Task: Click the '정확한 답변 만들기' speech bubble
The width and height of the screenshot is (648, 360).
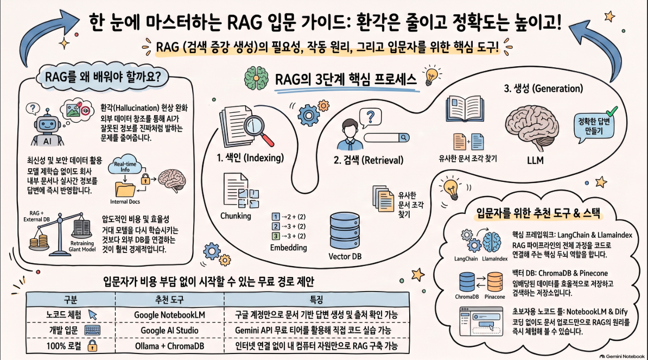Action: pyautogui.click(x=593, y=125)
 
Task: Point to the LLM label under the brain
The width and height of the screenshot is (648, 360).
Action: pyautogui.click(x=535, y=160)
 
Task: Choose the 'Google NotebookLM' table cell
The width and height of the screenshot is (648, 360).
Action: pyautogui.click(x=169, y=315)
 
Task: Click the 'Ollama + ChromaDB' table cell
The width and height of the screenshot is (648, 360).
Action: pyautogui.click(x=169, y=346)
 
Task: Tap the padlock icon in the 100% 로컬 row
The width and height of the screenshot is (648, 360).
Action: pyautogui.click(x=92, y=345)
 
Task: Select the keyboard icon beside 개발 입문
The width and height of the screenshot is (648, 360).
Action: pyautogui.click(x=92, y=330)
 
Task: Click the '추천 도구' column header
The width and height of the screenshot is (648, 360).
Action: pyautogui.click(x=169, y=299)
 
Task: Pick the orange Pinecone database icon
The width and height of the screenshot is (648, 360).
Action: pyautogui.click(x=494, y=282)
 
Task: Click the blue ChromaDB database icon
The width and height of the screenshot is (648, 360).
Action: pyautogui.click(x=467, y=282)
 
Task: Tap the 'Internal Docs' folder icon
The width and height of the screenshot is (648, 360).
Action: pyautogui.click(x=125, y=189)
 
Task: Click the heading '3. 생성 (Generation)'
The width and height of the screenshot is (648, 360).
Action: pyautogui.click(x=543, y=89)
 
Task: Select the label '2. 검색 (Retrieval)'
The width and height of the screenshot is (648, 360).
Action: pyautogui.click(x=368, y=160)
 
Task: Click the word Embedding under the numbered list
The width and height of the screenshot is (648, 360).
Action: pyautogui.click(x=289, y=248)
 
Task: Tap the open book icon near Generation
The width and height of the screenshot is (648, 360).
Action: pyautogui.click(x=465, y=109)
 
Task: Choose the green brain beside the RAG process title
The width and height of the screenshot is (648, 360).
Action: pyautogui.click(x=256, y=77)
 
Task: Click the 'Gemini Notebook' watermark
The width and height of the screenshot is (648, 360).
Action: pyautogui.click(x=622, y=356)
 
